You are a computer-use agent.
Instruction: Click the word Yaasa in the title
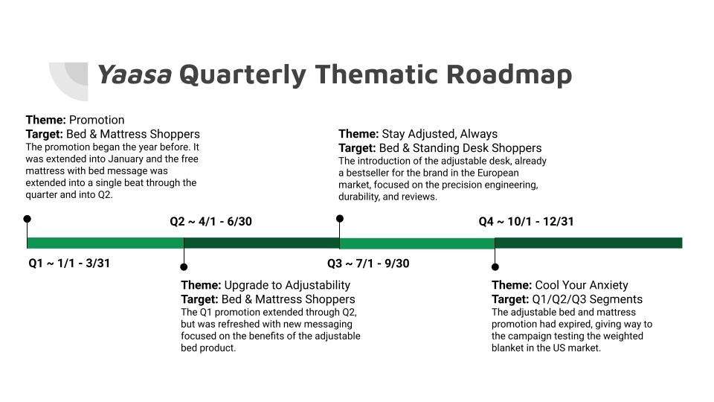tap(135, 74)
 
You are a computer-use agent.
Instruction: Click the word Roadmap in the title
tap(509, 75)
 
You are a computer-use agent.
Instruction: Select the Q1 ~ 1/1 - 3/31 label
tap(69, 264)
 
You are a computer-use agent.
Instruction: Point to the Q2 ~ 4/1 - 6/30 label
tap(210, 222)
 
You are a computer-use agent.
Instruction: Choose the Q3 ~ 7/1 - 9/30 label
tap(368, 264)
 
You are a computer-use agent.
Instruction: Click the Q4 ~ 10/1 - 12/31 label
tap(526, 222)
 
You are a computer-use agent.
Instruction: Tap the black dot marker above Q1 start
tap(28, 219)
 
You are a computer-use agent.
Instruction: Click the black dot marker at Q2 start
tap(184, 267)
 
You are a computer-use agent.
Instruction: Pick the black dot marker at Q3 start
tap(340, 219)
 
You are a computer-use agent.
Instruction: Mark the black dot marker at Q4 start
tap(495, 267)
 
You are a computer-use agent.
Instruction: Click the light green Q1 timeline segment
tap(106, 243)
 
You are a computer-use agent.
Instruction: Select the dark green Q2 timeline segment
tap(262, 243)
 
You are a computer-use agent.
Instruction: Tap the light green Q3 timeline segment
tap(417, 243)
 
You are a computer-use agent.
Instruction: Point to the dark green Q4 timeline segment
tap(589, 243)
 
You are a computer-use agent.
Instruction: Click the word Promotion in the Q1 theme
tap(97, 120)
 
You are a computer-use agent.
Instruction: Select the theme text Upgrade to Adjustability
tap(287, 285)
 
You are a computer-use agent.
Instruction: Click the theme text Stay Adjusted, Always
tap(440, 134)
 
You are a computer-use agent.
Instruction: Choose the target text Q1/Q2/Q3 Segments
tap(588, 299)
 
